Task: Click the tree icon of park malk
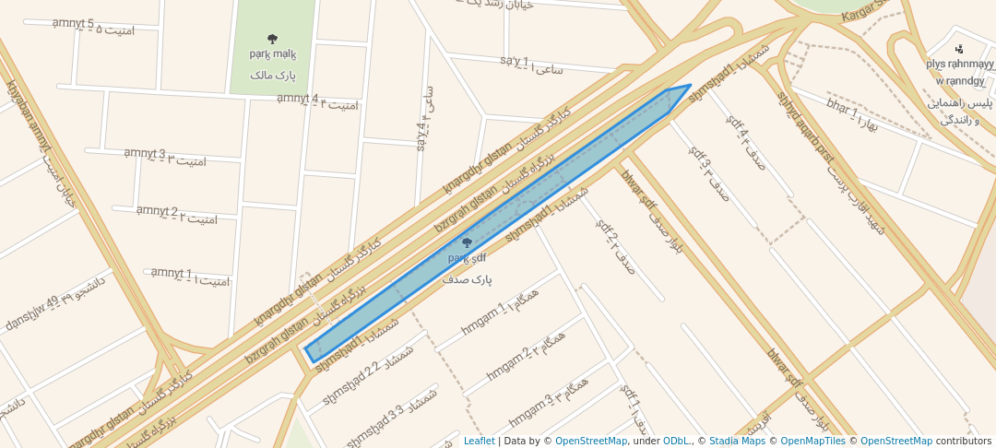272,39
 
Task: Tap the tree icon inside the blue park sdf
467,243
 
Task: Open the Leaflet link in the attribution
479,441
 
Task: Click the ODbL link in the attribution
676,441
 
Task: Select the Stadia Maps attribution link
738,441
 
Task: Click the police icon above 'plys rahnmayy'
960,48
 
